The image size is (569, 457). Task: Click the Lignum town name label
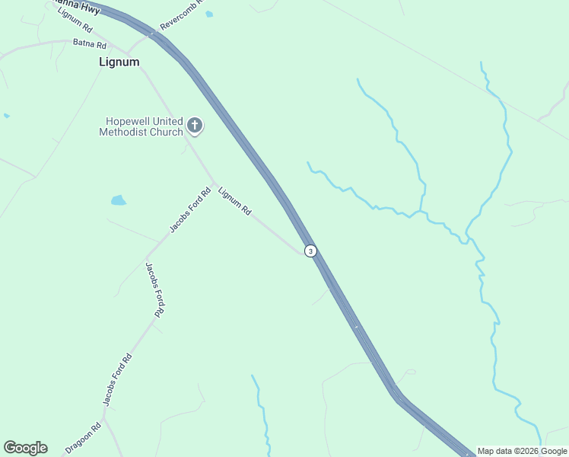point(119,62)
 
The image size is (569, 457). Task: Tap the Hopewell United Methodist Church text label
point(141,126)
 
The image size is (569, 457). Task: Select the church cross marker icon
point(195,126)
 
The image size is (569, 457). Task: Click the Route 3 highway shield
point(310,251)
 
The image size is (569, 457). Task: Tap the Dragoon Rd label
point(83,439)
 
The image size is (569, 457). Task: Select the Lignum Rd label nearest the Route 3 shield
point(234,202)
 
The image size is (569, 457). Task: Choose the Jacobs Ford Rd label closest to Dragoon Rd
point(118,379)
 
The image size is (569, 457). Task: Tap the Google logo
point(25,448)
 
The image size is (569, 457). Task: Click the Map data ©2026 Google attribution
point(522,451)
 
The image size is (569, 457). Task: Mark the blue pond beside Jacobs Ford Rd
point(118,200)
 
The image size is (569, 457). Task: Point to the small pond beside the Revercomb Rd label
point(209,14)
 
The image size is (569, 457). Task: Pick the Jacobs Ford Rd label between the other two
point(154,289)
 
